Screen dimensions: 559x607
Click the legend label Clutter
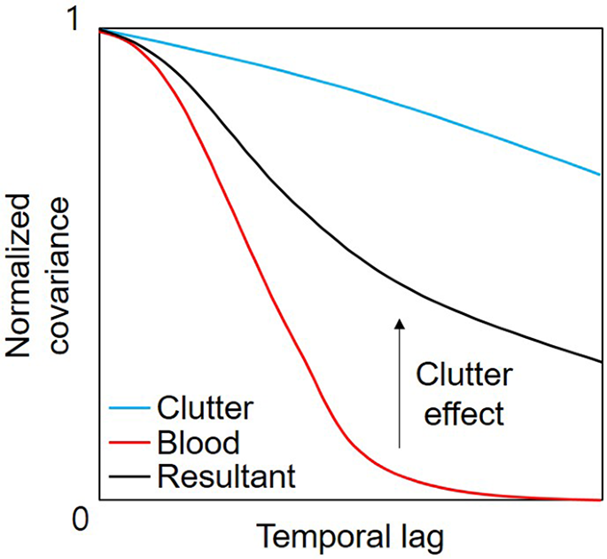pos(205,409)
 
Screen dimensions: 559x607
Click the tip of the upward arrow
pos(399,320)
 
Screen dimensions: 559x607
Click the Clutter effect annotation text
pos(463,394)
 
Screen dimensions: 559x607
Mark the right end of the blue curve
pos(600,174)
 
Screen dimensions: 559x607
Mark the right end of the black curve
pos(600,361)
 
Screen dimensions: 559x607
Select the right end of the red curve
pos(600,500)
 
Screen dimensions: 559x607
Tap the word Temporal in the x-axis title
pos(320,538)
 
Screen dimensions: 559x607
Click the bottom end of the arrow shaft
pos(399,446)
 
